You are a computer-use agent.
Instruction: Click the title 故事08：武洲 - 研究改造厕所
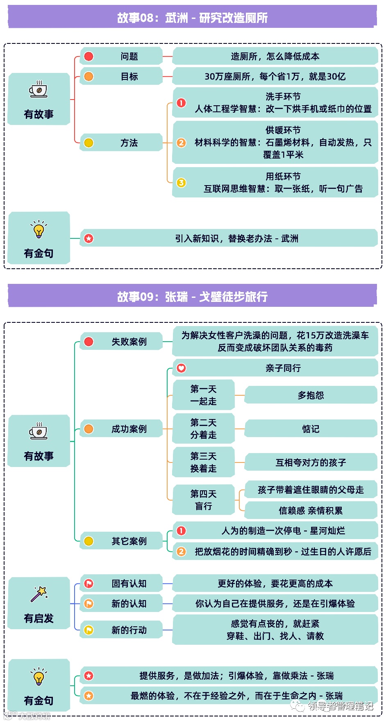click(192, 18)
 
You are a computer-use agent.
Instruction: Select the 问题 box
click(129, 57)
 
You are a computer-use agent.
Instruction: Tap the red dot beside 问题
click(89, 57)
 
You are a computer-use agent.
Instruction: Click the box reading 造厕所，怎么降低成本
click(275, 57)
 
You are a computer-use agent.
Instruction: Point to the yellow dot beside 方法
click(89, 143)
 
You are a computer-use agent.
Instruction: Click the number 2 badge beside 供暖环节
click(181, 143)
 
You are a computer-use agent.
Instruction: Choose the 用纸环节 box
click(275, 183)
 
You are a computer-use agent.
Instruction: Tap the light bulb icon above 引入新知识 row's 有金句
click(39, 230)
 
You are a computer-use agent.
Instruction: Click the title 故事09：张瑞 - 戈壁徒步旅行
click(192, 296)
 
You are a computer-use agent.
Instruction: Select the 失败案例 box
click(129, 342)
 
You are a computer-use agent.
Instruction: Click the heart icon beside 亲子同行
click(181, 368)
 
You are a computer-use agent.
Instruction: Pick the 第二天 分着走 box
click(203, 428)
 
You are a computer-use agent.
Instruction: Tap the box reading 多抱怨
click(311, 395)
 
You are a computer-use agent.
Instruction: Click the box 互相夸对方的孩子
click(311, 462)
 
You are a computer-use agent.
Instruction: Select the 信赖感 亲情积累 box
click(311, 510)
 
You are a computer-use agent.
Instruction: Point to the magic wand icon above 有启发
click(39, 594)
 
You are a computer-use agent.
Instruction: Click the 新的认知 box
click(129, 604)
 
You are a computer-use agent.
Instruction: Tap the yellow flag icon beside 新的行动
click(89, 630)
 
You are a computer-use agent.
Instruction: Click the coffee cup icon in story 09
click(39, 432)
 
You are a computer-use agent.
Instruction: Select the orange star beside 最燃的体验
click(89, 696)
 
